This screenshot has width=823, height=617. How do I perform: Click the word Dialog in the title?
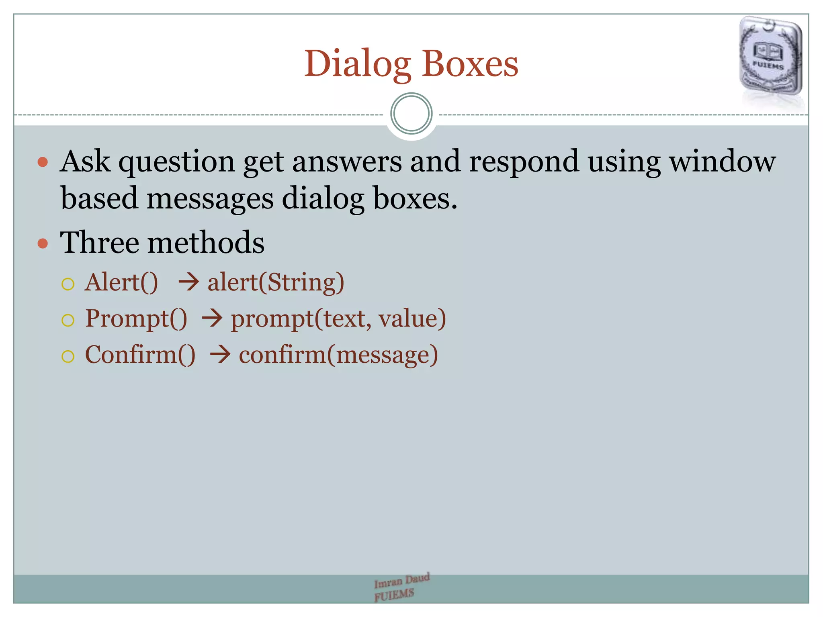pyautogui.click(x=357, y=64)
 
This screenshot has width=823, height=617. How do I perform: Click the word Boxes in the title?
pyautogui.click(x=470, y=64)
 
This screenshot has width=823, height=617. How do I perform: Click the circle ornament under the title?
pyautogui.click(x=411, y=114)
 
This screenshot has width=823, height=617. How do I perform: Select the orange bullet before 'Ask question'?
pyautogui.click(x=43, y=162)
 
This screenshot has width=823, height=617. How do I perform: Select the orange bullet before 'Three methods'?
pyautogui.click(x=43, y=243)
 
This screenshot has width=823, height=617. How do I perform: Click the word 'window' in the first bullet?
pyautogui.click(x=722, y=161)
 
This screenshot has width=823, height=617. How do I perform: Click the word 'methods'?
pyautogui.click(x=206, y=243)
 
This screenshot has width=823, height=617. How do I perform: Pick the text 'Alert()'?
pyautogui.click(x=121, y=282)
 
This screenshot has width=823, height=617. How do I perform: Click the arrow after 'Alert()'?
pyautogui.click(x=188, y=282)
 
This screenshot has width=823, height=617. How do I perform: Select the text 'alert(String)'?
pyautogui.click(x=276, y=283)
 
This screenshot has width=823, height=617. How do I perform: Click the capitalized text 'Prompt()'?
pyautogui.click(x=136, y=319)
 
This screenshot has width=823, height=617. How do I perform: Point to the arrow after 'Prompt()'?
pyautogui.click(x=212, y=319)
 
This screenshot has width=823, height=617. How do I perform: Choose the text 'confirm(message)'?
pyautogui.click(x=338, y=355)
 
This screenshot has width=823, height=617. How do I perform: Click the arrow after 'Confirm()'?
pyautogui.click(x=220, y=355)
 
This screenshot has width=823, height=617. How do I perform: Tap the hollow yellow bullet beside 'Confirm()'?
pyautogui.click(x=68, y=356)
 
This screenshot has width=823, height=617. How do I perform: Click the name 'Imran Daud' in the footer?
pyautogui.click(x=401, y=580)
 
